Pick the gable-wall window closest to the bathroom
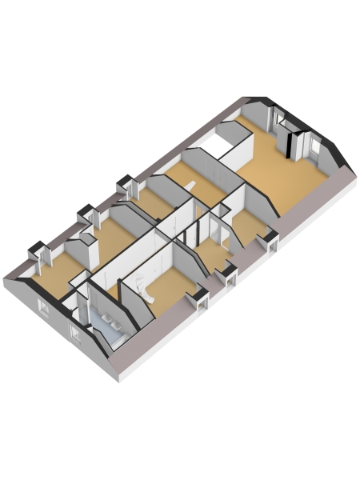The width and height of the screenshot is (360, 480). pyautogui.click(x=75, y=331)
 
